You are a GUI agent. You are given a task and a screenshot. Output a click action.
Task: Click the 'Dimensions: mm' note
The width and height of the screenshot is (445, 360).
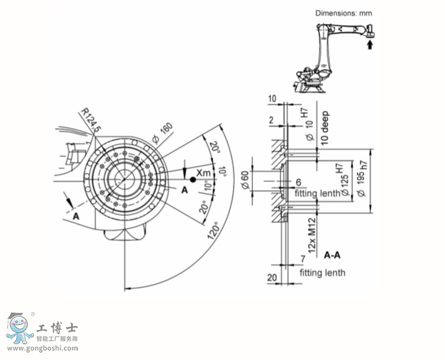pos(343,12)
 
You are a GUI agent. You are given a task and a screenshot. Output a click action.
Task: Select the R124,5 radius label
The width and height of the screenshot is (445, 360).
pos(91,120)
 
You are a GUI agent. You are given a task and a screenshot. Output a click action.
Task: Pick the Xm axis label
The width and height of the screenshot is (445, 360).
pos(204,173)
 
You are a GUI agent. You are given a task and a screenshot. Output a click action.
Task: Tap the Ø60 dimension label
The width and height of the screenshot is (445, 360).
pos(244,180)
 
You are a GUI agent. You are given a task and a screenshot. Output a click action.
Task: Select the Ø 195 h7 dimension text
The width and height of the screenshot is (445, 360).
pos(360,181)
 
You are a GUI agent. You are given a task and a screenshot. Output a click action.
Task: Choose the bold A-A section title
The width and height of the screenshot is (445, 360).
pos(333,254)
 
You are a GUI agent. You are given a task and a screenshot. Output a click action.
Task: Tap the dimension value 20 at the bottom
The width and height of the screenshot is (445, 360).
pos(272,278)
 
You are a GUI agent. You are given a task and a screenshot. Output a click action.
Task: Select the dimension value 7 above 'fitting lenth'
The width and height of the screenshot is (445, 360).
pos(304,259)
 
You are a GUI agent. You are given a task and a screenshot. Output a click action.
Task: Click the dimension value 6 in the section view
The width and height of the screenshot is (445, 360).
pos(298,182)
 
